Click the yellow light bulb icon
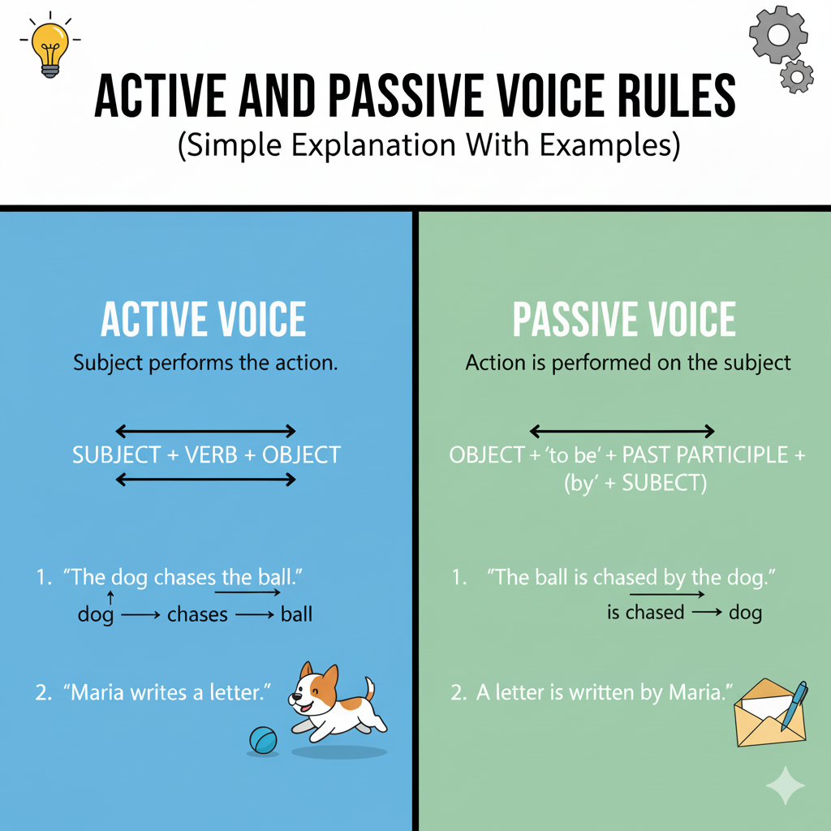coord(50,49)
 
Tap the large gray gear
coord(778,35)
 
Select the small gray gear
coord(797,77)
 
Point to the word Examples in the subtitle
coord(609,144)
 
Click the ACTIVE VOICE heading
coord(204,319)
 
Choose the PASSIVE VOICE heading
coord(624,319)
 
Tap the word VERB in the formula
coord(211,454)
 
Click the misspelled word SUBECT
coord(664,483)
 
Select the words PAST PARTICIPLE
coord(705,454)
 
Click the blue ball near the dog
coord(264,740)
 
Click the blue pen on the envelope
coord(794,705)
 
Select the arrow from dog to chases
coord(140,615)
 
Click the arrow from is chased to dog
coord(707,612)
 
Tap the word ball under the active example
coord(296,614)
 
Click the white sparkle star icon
coord(786,786)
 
